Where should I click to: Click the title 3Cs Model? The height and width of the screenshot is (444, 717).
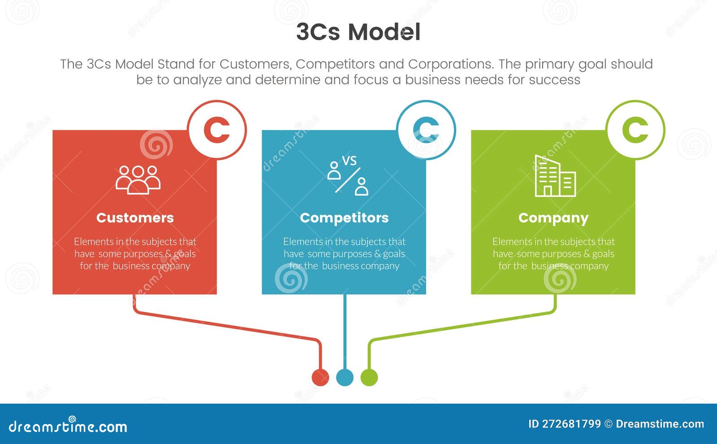click(358, 32)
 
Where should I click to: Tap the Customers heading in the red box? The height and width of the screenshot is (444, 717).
click(135, 218)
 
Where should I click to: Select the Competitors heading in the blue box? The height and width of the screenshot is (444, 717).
click(344, 218)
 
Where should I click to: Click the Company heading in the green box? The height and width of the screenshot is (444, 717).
click(553, 218)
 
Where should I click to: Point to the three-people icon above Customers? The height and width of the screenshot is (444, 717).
click(138, 180)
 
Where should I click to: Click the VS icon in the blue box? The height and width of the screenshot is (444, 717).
click(348, 175)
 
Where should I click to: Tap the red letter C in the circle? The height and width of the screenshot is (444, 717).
click(217, 130)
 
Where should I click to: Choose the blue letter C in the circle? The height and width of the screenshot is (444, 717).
click(426, 130)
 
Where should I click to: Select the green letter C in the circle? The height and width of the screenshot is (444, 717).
click(635, 130)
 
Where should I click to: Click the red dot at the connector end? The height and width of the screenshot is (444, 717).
click(320, 377)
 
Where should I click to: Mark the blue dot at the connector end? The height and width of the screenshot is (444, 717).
click(345, 377)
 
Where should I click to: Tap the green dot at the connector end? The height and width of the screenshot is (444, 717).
click(369, 377)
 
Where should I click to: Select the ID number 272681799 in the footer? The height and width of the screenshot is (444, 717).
click(571, 424)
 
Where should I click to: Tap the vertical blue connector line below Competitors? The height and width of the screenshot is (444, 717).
click(345, 332)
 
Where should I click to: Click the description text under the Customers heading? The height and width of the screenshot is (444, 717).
click(135, 254)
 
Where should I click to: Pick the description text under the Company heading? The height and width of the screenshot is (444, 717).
click(553, 254)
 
